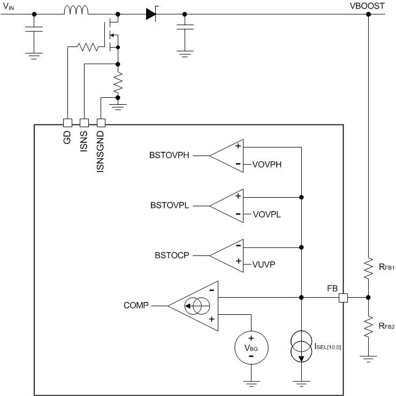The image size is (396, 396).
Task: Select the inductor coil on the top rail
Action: pos(76,11)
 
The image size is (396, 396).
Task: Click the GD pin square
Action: pos(67,122)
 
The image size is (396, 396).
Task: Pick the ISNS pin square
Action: pos(83,122)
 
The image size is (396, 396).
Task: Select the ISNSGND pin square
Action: pos(100,122)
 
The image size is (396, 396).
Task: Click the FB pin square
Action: pos(344,297)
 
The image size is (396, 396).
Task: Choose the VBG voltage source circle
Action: pos(250,348)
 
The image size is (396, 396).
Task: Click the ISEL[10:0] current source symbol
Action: pos(302,348)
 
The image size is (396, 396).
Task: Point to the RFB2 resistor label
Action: pos(386,327)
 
